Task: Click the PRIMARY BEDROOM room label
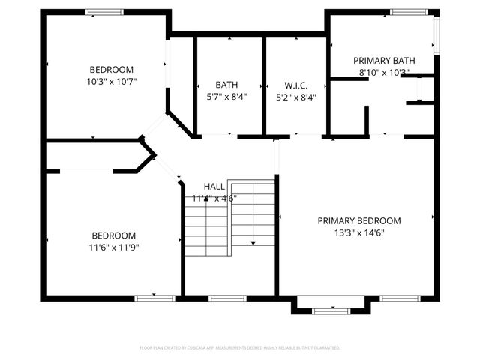tap(358, 220)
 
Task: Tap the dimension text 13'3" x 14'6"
tap(358, 232)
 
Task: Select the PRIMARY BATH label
tap(383, 61)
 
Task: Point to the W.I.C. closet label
tap(296, 85)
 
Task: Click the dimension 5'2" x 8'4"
tap(296, 96)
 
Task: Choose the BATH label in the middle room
tap(226, 85)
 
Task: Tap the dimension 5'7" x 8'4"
tap(226, 96)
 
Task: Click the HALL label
tap(214, 186)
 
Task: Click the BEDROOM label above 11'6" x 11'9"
tap(114, 234)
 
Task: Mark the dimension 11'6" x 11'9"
tap(114, 246)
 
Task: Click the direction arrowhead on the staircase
tap(253, 242)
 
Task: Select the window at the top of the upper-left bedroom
tap(104, 12)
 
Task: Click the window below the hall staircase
tap(221, 298)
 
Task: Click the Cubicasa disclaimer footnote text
tap(240, 348)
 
